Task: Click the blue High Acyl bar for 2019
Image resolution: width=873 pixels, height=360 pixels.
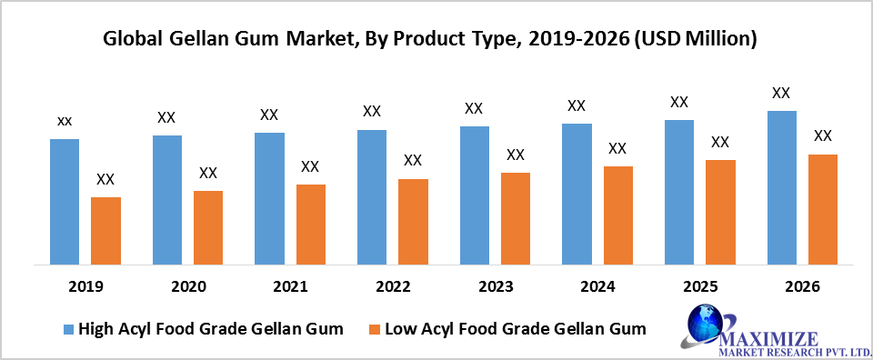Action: click(65, 201)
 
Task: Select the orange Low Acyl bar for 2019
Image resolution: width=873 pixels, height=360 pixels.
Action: click(105, 230)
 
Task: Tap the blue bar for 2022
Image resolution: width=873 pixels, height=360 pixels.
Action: click(371, 196)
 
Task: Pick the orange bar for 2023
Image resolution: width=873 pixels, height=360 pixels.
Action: click(515, 218)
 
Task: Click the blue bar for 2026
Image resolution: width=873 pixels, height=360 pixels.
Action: click(781, 187)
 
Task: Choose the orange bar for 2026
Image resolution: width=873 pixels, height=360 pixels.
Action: click(822, 209)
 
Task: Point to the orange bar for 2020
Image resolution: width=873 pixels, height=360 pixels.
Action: click(207, 227)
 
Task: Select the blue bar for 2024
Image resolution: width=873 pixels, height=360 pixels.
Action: click(577, 194)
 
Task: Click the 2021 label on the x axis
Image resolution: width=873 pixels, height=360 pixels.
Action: click(289, 286)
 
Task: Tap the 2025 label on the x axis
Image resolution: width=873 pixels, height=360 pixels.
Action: click(699, 286)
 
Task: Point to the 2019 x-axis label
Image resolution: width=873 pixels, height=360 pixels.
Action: click(85, 286)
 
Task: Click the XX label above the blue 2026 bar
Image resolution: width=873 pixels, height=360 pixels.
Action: click(781, 93)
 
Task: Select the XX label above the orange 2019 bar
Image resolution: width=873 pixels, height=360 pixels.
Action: click(105, 179)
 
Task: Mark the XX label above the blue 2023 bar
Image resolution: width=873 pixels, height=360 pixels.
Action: click(474, 108)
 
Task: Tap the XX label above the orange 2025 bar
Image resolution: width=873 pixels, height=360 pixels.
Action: click(720, 142)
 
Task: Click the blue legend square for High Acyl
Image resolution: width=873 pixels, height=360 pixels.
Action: click(67, 329)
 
